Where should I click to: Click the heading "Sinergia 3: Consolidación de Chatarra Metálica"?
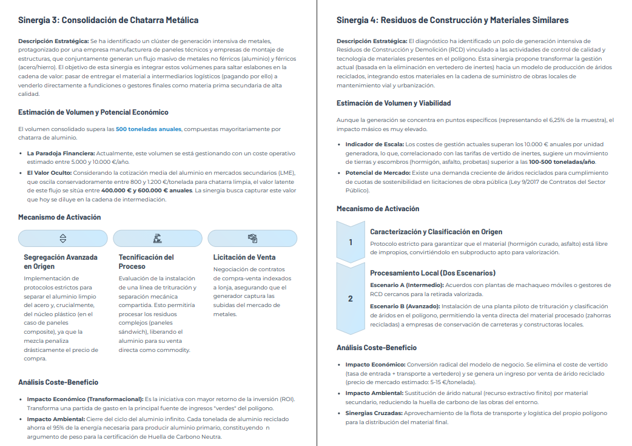(x=108, y=20)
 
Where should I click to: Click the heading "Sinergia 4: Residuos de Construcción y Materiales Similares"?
(x=452, y=20)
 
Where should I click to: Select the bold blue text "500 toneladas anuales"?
(x=149, y=129)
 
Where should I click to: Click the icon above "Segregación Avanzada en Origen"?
(x=63, y=238)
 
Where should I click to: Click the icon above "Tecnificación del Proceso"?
(x=158, y=238)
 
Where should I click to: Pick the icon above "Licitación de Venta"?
(x=252, y=238)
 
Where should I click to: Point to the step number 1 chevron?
(x=351, y=242)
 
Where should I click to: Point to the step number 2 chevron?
(x=351, y=299)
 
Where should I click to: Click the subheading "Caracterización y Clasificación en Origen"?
(x=436, y=232)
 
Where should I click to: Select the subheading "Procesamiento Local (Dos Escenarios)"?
(x=432, y=273)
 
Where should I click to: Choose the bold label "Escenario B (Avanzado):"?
(x=405, y=306)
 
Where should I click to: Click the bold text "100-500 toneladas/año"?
(x=562, y=162)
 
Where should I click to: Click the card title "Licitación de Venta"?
(x=244, y=257)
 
